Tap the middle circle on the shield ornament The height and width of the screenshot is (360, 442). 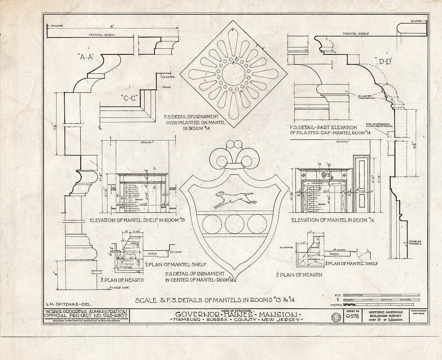point(234,224)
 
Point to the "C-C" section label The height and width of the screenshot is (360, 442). point(129,97)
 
